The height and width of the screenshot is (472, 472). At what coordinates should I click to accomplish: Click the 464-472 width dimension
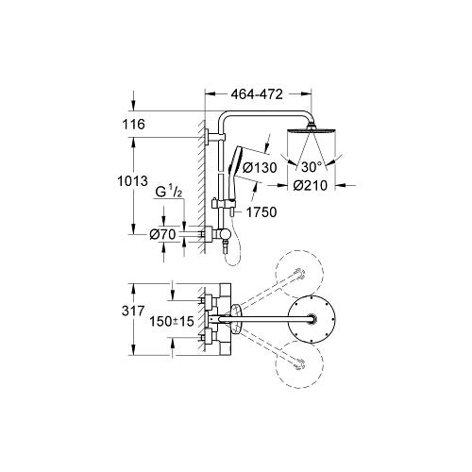click(x=257, y=94)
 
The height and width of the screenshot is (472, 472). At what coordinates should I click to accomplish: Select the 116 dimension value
click(x=134, y=125)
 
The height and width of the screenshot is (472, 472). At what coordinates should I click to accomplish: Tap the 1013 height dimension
click(x=132, y=181)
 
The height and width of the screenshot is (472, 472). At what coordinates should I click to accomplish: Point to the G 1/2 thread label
click(x=169, y=191)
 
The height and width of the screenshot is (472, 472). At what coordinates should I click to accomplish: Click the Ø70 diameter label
click(x=162, y=234)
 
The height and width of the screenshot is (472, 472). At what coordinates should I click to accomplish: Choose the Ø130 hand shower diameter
click(x=260, y=167)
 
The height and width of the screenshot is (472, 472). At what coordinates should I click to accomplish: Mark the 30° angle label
click(x=312, y=167)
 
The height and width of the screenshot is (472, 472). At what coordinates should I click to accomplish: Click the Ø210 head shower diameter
click(x=311, y=186)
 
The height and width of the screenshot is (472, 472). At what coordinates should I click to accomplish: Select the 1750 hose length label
click(x=261, y=212)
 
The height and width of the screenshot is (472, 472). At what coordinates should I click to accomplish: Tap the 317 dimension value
click(x=133, y=312)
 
